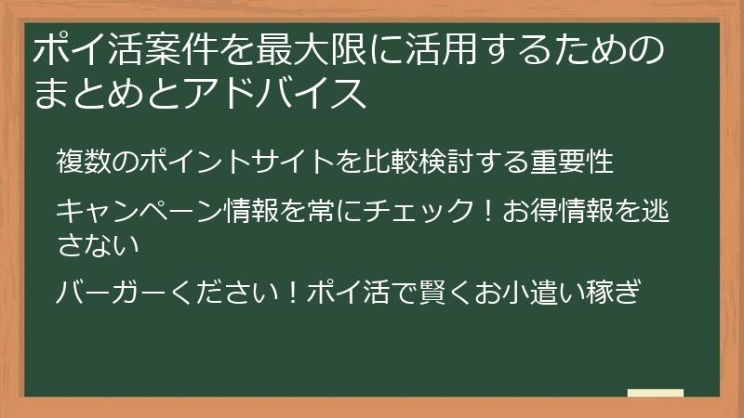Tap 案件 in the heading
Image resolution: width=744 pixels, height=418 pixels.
point(184,50)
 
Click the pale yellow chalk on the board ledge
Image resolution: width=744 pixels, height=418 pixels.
point(656,393)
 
